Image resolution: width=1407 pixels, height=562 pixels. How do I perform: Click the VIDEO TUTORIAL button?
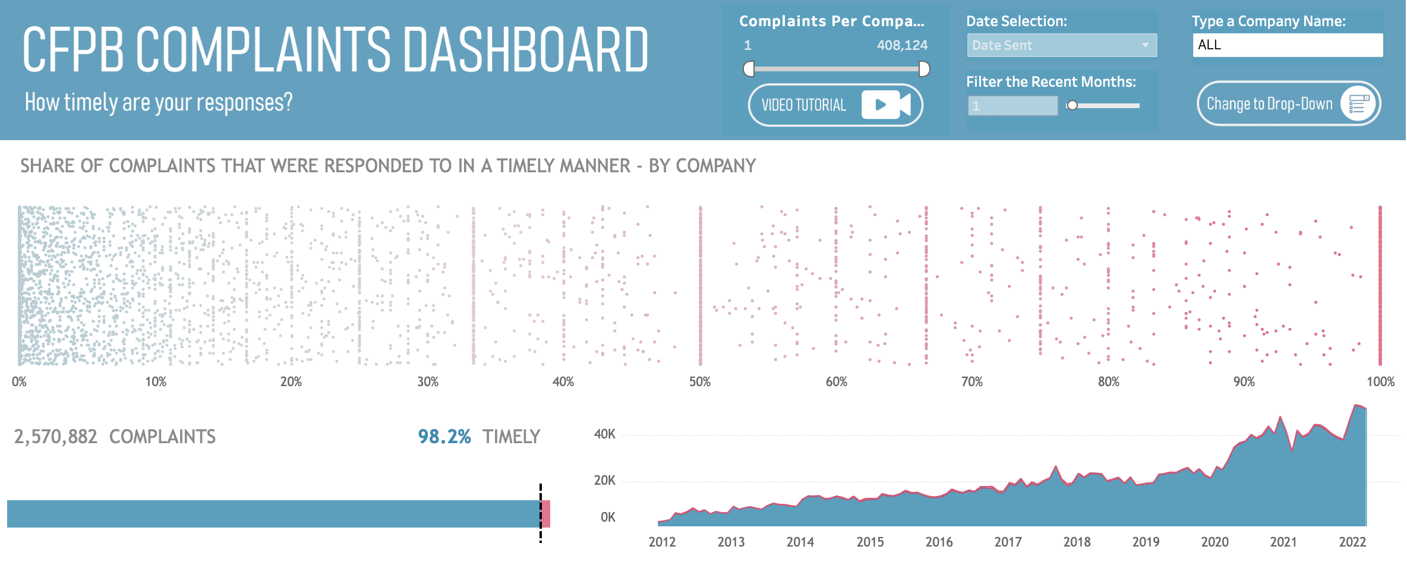click(835, 105)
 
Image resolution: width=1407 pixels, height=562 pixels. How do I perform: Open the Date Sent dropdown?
click(1061, 45)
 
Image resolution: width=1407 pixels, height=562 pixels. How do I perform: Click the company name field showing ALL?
click(1287, 45)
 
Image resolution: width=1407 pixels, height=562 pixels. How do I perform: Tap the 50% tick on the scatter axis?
click(700, 381)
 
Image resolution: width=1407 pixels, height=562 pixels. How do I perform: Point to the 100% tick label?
click(1380, 381)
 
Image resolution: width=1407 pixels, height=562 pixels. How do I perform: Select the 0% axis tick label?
click(19, 381)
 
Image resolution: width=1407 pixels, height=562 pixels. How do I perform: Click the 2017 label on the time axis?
click(1008, 542)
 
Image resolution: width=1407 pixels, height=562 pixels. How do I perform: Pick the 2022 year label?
click(1352, 542)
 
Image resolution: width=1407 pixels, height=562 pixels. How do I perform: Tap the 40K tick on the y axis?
click(605, 434)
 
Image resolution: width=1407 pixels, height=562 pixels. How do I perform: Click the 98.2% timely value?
click(444, 437)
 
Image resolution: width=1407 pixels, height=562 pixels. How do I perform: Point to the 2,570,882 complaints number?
click(55, 437)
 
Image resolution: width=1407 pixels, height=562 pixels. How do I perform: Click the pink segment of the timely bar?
click(546, 514)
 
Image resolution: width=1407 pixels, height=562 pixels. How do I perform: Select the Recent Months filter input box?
click(1012, 106)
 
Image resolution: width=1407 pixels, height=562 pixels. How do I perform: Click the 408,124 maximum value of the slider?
click(902, 45)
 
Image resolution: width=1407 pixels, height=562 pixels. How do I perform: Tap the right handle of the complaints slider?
click(924, 69)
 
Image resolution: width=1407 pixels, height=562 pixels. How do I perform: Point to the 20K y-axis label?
click(605, 480)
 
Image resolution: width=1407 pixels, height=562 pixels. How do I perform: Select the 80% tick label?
click(1108, 381)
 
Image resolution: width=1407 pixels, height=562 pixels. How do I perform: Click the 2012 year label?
click(662, 542)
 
